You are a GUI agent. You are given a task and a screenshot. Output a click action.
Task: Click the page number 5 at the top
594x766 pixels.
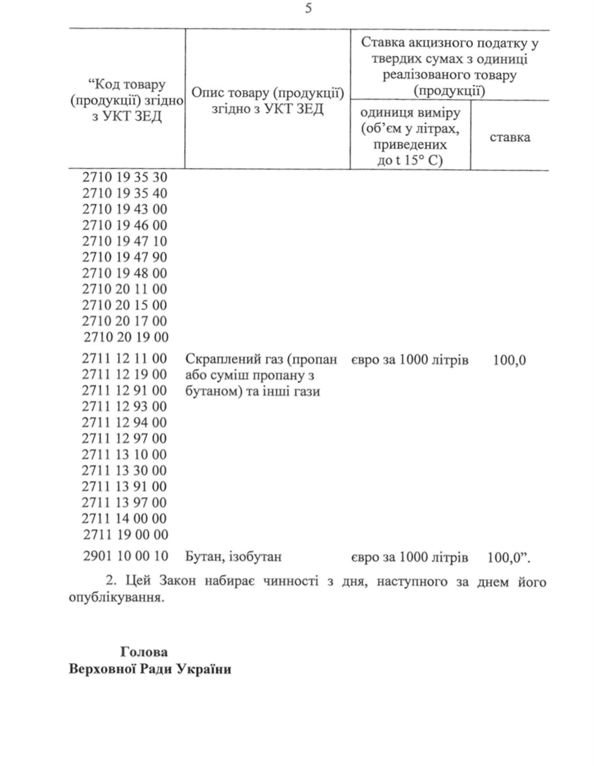tap(308, 9)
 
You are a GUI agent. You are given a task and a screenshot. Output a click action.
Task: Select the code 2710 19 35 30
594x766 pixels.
tap(125, 177)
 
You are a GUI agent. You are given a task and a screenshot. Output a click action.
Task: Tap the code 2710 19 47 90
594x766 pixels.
tap(125, 257)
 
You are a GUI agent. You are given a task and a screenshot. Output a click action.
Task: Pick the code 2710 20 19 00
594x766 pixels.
tap(126, 337)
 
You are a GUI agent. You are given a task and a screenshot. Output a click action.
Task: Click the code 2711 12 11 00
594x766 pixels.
tap(124, 359)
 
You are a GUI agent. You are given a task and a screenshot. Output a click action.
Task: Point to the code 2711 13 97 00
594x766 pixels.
tap(124, 502)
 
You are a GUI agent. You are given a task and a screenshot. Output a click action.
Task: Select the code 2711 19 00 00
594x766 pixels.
tap(125, 534)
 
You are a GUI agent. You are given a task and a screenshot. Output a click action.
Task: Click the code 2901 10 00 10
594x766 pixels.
tap(125, 556)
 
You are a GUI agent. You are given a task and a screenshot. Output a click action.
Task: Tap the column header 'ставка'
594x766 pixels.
tap(510, 137)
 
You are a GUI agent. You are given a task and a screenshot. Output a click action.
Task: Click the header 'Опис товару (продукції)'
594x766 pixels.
tap(267, 93)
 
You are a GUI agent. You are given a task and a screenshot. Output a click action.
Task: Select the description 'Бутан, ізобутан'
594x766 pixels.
tap(233, 557)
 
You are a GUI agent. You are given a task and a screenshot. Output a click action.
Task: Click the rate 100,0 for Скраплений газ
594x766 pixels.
tap(509, 360)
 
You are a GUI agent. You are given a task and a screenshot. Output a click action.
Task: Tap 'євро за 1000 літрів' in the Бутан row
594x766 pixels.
tap(409, 558)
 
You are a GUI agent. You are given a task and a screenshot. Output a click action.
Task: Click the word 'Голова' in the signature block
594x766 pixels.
tap(144, 652)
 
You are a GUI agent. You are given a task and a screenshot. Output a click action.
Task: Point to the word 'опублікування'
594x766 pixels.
tap(116, 598)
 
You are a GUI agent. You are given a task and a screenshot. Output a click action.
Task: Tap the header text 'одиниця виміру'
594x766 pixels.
tap(410, 113)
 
